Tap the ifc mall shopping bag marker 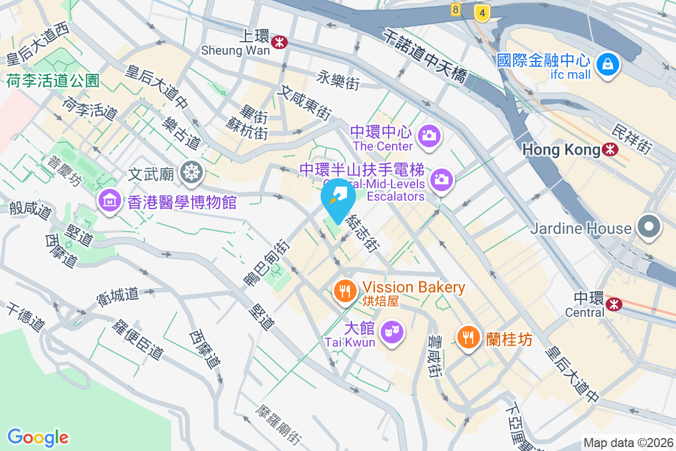tap(608, 65)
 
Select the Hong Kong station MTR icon tap(609, 149)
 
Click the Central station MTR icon tap(615, 304)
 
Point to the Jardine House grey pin tap(649, 227)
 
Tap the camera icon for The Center tap(429, 136)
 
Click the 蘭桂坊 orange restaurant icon tap(468, 338)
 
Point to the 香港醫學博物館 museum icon tap(109, 201)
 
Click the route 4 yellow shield tap(482, 12)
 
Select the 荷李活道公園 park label tap(53, 81)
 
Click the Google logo tap(38, 437)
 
